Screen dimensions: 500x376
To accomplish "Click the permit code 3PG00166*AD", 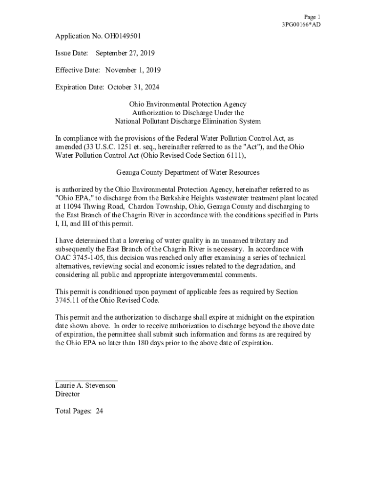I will (x=301, y=24).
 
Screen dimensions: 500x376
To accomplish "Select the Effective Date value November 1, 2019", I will (x=133, y=70).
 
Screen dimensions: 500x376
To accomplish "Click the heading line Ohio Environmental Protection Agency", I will (x=188, y=104).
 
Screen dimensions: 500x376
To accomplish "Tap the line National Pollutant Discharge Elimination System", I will (x=188, y=121).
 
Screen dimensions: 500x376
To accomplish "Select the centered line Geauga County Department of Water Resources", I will (x=188, y=172).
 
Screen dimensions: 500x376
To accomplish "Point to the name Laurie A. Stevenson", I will (x=85, y=386).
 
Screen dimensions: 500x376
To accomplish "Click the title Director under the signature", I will (x=67, y=394).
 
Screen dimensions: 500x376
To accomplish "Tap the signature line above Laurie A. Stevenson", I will (x=86, y=380).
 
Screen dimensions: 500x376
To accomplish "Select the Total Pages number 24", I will (x=99, y=411).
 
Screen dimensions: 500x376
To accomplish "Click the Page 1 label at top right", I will (x=312, y=17).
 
